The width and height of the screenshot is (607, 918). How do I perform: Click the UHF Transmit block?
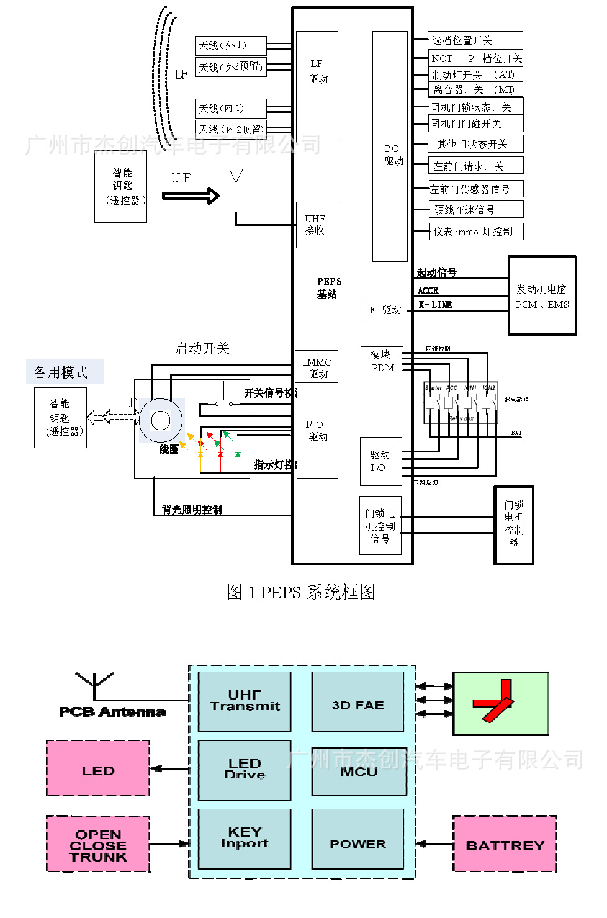pos(245,701)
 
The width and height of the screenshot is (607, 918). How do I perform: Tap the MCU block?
pos(359,772)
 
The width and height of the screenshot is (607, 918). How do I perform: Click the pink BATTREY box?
pos(505,844)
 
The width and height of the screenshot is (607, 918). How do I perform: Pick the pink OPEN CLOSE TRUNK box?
pos(98,844)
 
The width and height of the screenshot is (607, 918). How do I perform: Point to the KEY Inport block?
pos(245,838)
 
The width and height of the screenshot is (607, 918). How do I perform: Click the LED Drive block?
pos(245,770)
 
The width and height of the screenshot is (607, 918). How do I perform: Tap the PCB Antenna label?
pos(112,712)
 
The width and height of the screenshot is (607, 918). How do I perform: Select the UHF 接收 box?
pos(317,225)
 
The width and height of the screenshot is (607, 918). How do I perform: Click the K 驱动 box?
pos(385,310)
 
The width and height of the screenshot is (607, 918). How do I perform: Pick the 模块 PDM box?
pos(382,361)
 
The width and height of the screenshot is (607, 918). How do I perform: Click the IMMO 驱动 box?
pos(317,367)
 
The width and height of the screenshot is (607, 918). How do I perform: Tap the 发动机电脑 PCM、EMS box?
pos(542,295)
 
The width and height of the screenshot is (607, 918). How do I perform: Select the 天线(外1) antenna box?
pos(230,45)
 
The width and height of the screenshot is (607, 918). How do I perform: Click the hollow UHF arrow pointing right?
pos(191,196)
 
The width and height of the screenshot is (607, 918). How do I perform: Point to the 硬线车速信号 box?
pos(476,209)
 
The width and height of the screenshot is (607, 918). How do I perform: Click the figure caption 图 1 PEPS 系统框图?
pos(301,592)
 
